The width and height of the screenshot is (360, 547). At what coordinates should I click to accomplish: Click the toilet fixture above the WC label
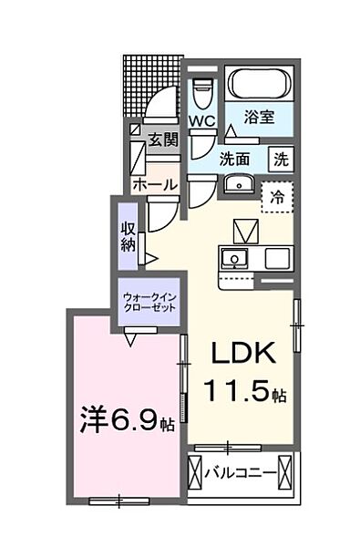pos(201,91)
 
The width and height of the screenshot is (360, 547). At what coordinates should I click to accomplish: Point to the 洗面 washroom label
pos(236,157)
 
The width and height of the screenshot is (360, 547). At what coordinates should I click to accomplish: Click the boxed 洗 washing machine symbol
pos(282,157)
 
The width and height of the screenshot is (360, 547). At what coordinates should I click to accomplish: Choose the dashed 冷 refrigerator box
pos(274,196)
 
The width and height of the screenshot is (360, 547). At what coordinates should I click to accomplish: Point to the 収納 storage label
pos(128,235)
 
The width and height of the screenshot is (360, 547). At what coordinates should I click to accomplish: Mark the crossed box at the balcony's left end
pos(194,472)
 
